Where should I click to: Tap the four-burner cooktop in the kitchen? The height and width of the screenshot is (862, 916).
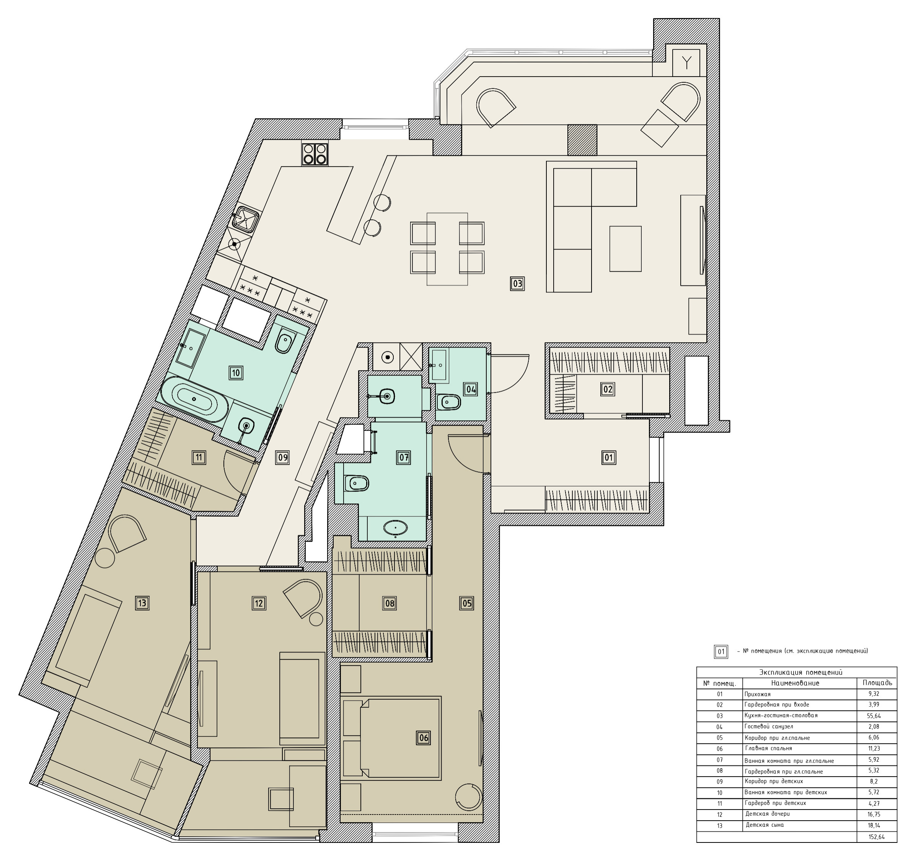tap(315, 154)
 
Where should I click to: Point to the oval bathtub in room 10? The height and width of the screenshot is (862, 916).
tap(195, 399)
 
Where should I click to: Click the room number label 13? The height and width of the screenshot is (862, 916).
tap(142, 602)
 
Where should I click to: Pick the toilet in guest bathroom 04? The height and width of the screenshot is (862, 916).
tap(448, 402)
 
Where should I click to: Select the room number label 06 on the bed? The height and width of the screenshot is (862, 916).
tap(423, 738)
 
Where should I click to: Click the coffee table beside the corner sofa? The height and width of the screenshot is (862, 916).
tap(625, 248)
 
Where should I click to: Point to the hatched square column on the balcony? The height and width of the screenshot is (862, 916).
tap(582, 140)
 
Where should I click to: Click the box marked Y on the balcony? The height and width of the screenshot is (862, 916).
tap(686, 63)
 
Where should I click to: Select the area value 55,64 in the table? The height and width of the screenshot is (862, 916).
tap(874, 716)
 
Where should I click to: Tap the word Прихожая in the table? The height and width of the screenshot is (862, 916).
tap(758, 694)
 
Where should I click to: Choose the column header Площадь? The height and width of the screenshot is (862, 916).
tap(877, 683)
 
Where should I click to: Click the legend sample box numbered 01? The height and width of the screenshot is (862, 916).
tap(721, 652)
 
